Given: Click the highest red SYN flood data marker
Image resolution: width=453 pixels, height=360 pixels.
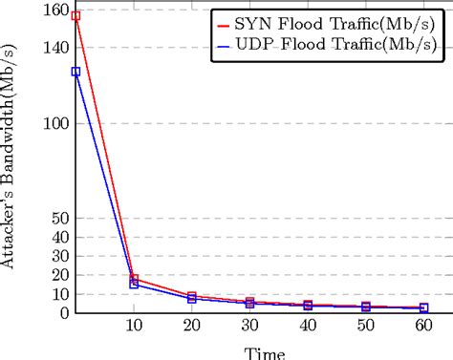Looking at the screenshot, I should (x=75, y=16).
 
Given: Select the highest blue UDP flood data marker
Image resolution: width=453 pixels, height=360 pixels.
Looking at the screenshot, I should (x=75, y=72).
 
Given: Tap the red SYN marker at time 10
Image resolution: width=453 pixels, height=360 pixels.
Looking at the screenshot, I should (x=134, y=279).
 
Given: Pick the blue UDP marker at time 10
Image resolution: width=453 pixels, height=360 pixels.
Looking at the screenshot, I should (x=134, y=285).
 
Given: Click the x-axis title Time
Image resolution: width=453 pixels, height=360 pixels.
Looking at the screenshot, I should (x=264, y=352).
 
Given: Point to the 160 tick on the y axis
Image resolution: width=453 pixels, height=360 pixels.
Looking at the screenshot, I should (x=55, y=11).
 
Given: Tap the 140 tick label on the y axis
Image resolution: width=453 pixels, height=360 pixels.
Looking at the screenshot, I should (x=55, y=48).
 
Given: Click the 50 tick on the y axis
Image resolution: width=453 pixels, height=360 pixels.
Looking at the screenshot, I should (x=59, y=219).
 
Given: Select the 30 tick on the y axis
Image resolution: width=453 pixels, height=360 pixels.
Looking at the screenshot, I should (x=59, y=256).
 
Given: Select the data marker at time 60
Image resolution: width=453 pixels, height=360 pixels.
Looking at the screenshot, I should (x=423, y=308).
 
